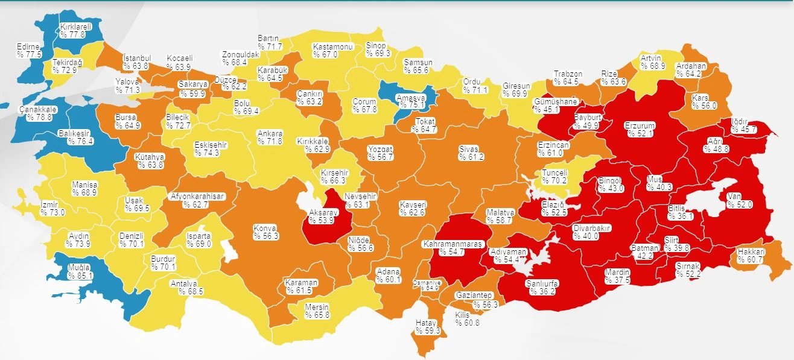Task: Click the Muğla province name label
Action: point(79,267)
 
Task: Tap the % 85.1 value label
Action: point(81,276)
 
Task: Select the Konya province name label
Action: point(265,228)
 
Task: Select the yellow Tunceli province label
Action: point(554,171)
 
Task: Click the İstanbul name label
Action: point(136,58)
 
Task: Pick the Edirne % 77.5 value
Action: point(29,55)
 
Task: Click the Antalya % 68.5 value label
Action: point(192,291)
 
